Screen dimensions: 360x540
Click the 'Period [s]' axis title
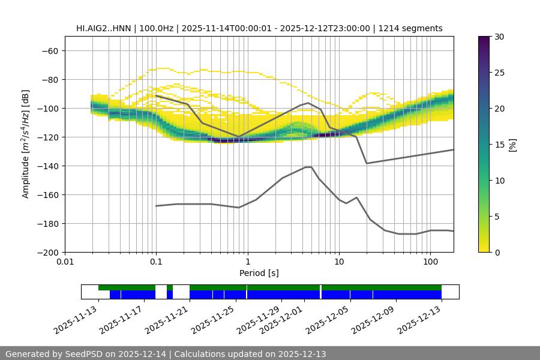pyautogui.click(x=259, y=273)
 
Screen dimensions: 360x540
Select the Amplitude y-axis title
pyautogui.click(x=26, y=144)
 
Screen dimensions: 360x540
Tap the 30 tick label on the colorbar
pyautogui.click(x=499, y=37)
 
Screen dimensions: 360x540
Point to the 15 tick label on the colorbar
pyautogui.click(x=499, y=144)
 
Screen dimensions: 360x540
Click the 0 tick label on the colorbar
pyautogui.click(x=497, y=252)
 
